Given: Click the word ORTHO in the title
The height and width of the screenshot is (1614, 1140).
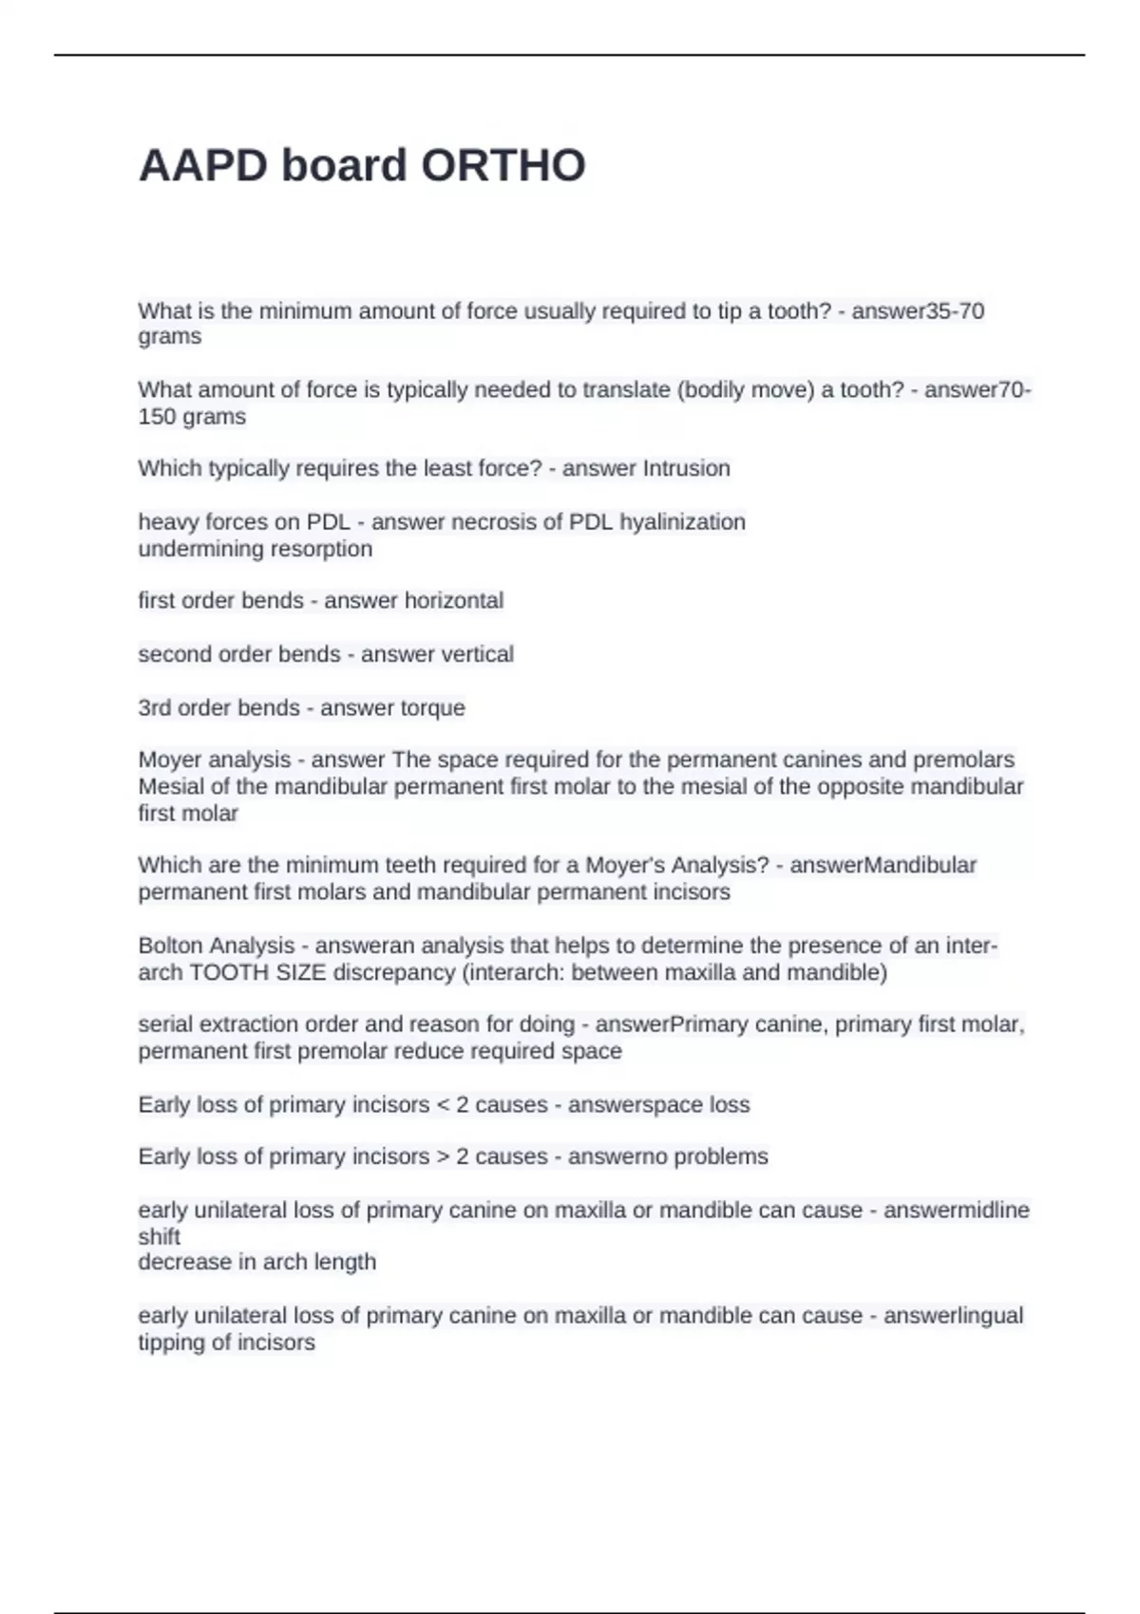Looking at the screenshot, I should coord(503,166).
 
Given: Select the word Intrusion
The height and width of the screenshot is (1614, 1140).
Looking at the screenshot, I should coord(686,468).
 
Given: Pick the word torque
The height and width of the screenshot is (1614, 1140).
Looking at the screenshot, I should coord(429,707).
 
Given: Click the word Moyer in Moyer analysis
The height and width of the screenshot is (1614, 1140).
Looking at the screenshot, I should coord(170,760).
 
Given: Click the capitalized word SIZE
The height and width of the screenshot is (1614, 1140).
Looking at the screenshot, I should coord(299,972).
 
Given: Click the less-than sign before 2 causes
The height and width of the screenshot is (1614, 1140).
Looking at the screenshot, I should coord(442,1104).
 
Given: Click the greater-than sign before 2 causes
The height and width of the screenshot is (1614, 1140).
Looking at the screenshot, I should coord(442,1156).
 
